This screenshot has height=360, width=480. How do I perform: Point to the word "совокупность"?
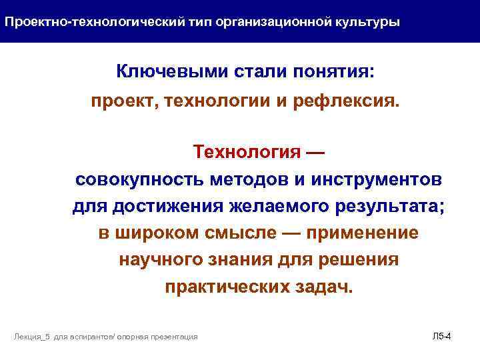[141, 179]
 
